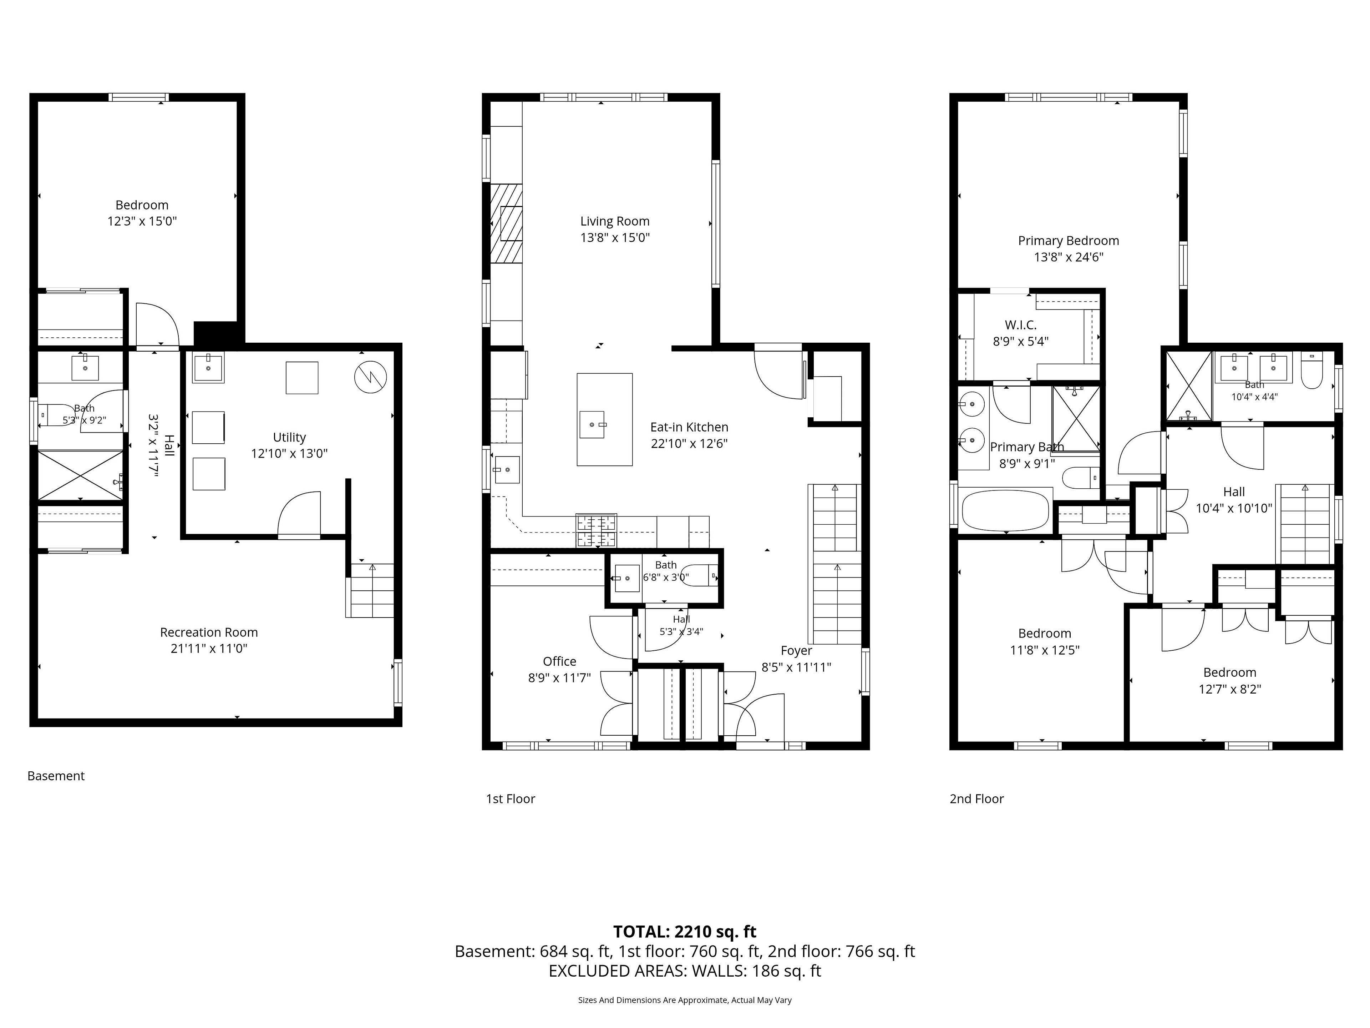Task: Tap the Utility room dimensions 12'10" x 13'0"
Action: click(x=289, y=454)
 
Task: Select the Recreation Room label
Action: click(x=209, y=632)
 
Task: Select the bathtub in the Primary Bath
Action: click(x=1005, y=510)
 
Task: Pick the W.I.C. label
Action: click(x=1020, y=325)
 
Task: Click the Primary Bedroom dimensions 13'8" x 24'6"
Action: click(x=1069, y=257)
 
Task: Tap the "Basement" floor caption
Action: click(x=56, y=776)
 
